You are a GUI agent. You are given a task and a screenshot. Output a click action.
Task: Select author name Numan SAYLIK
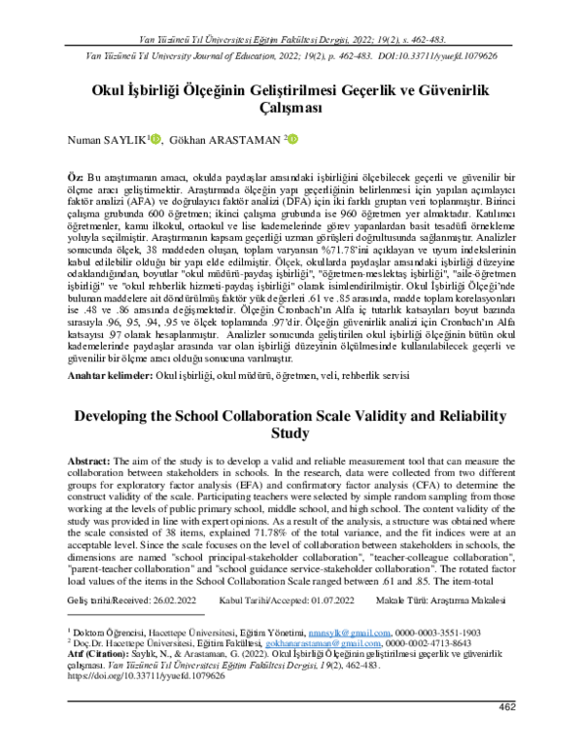click(107, 141)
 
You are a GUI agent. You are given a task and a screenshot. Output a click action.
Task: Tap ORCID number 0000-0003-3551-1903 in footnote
click(438, 631)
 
